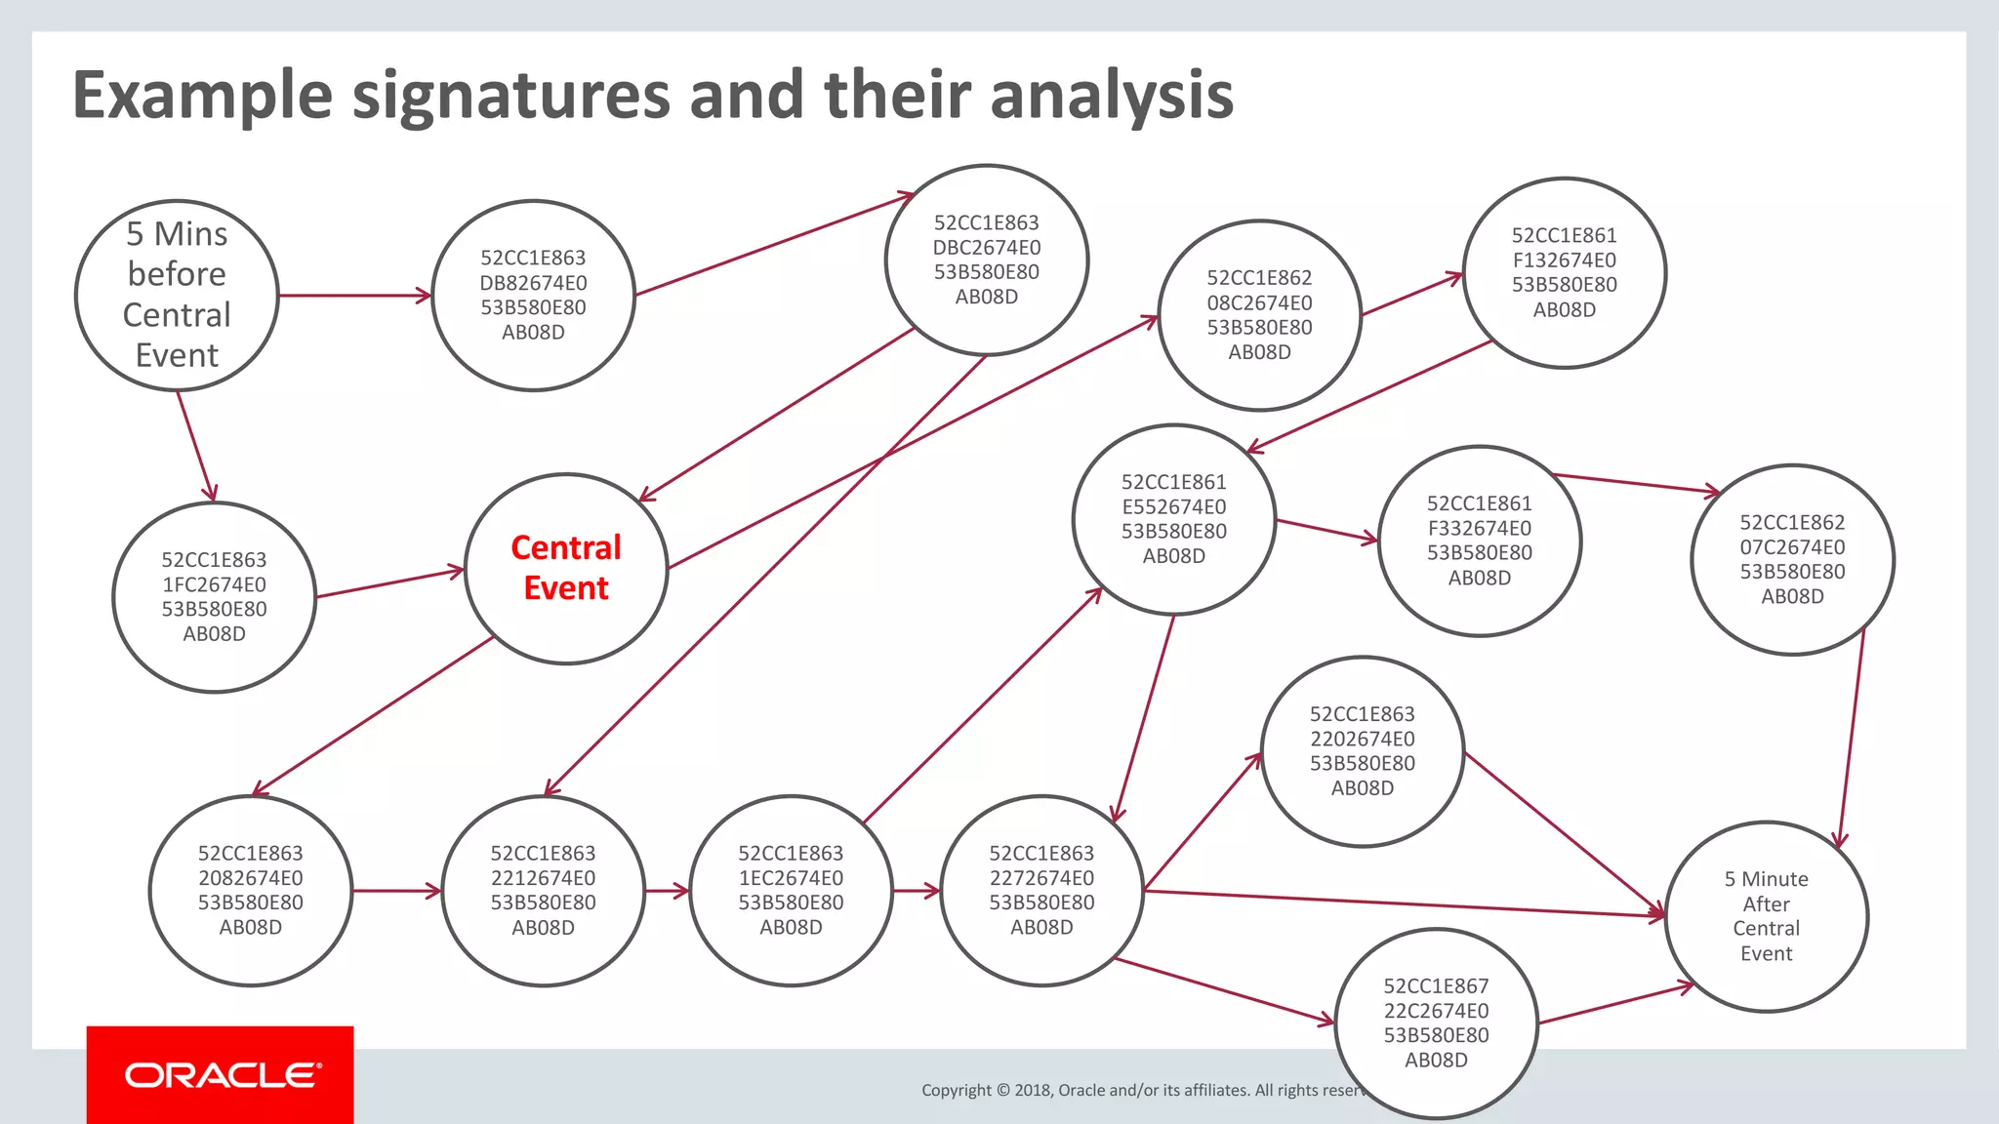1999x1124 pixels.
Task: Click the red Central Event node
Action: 566,569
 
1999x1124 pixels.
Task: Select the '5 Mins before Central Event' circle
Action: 177,295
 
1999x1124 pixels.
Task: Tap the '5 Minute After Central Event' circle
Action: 1766,916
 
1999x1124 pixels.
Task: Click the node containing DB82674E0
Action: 533,295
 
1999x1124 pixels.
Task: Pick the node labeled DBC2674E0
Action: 987,260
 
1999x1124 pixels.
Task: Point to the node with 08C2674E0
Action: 1259,315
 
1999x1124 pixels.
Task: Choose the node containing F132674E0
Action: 1564,272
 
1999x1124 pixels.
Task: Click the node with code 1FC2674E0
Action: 214,597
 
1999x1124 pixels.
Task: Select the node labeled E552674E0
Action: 1173,519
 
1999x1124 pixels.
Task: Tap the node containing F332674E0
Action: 1479,541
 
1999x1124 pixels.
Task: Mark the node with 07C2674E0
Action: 1792,559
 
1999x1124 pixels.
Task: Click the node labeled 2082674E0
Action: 250,890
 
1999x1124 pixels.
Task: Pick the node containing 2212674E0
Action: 543,890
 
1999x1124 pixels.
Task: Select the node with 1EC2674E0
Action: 791,890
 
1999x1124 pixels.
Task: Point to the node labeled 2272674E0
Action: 1041,890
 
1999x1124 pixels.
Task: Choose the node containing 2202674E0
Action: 1362,751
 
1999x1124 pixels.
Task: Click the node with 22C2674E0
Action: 1436,1023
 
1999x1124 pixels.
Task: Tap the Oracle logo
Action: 221,1075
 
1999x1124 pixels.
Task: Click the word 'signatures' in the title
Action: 510,96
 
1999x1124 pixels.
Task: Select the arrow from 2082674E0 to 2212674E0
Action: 396,891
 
